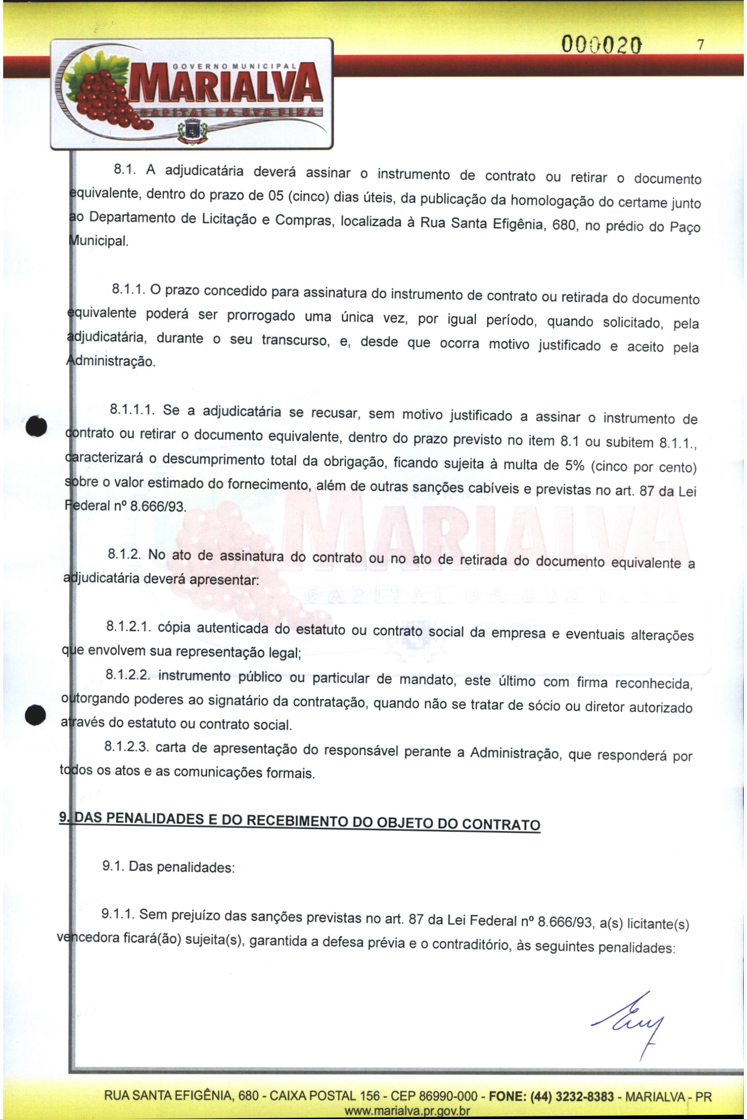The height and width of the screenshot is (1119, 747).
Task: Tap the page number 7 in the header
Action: pyautogui.click(x=700, y=45)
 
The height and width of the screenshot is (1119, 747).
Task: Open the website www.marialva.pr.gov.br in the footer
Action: pyautogui.click(x=407, y=1111)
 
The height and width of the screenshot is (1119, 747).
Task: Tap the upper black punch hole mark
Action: pyautogui.click(x=37, y=425)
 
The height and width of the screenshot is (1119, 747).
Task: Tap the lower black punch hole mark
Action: pyautogui.click(x=35, y=714)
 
